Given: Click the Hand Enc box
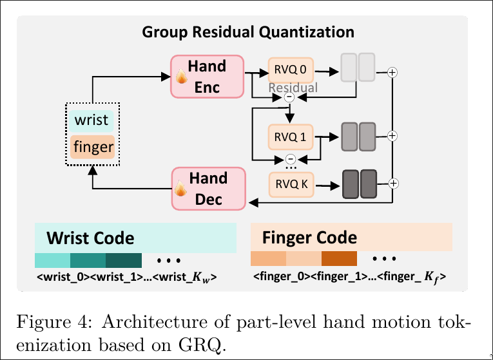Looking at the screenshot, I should tap(207, 76).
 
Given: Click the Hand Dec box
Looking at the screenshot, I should tap(208, 188).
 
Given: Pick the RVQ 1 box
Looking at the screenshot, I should tap(290, 137).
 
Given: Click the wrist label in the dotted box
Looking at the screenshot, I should tap(92, 120).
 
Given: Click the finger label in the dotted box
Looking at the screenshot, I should tap(93, 147).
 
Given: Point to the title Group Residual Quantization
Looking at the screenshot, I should tap(248, 32).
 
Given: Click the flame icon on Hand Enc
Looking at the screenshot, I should tap(182, 79).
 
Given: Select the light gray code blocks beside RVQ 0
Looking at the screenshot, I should tap(358, 68).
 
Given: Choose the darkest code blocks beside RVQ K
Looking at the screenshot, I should tap(359, 183).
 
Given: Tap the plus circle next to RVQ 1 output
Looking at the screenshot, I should tap(392, 136).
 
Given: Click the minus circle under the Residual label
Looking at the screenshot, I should tap(289, 98).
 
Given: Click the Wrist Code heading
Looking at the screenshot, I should tap(90, 238).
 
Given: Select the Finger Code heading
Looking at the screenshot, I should tap(309, 238).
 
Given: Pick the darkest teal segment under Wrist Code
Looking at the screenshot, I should tap(122, 260).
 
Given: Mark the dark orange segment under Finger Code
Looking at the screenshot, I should tap(338, 259).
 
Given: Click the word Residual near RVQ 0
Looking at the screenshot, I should tap(293, 87).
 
